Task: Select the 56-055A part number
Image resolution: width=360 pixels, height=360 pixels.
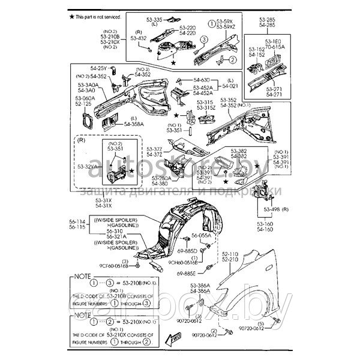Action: (x=202, y=236)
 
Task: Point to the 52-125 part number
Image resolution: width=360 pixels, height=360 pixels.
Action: (x=85, y=103)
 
